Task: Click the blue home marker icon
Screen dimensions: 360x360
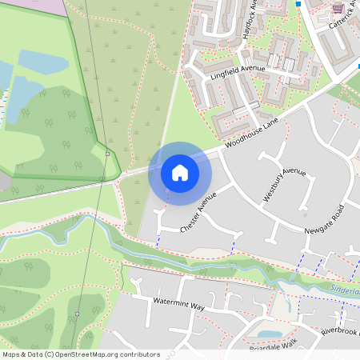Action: tap(180, 172)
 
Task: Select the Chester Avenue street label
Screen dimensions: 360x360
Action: tap(198, 213)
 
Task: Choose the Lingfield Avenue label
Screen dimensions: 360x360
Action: tap(237, 70)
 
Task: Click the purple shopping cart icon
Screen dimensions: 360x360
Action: tap(338, 8)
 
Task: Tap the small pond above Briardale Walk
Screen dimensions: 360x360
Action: tap(270, 334)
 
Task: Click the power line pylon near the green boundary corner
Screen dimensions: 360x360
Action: tap(107, 154)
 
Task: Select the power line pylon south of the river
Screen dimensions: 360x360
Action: tap(77, 313)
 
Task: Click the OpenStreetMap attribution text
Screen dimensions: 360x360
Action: tap(80, 354)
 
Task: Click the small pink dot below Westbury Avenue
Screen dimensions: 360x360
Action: tap(305, 214)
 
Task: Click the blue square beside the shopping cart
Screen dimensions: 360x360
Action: tap(298, 4)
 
